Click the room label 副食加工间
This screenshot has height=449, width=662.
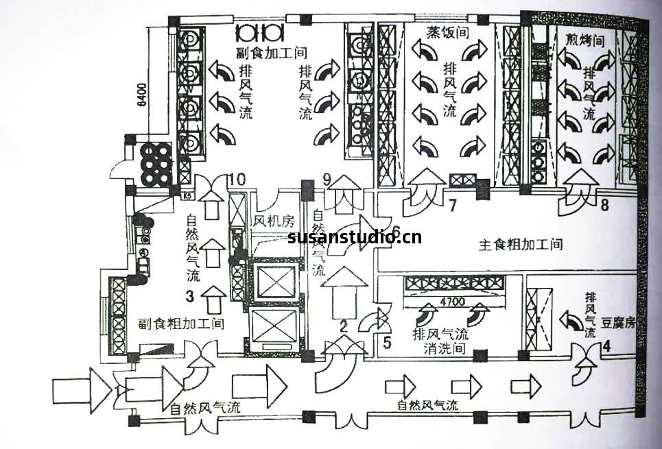click(270, 52)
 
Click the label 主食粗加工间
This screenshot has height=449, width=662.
click(520, 244)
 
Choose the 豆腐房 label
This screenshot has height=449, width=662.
click(619, 321)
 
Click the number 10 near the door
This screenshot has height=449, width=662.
click(237, 180)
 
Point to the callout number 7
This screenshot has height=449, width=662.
click(453, 204)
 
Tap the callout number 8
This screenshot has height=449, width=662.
click(604, 204)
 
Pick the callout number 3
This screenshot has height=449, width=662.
click(189, 296)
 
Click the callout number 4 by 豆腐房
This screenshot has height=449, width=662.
click(606, 346)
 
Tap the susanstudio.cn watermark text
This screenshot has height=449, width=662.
click(355, 238)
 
